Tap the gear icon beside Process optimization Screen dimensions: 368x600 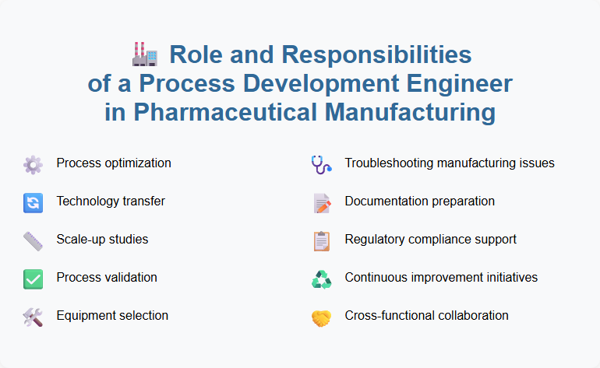pos(33,164)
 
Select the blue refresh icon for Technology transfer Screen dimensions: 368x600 pos(33,202)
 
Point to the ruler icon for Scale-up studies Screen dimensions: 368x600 pos(33,240)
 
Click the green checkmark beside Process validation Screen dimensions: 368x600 pos(33,279)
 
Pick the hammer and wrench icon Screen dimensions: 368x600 pos(33,317)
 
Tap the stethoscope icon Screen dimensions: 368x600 pos(321,164)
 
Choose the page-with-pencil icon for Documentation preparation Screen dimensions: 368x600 pos(321,202)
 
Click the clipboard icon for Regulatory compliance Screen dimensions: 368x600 pos(321,240)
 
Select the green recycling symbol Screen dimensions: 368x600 pos(321,279)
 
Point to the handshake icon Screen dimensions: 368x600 pos(321,317)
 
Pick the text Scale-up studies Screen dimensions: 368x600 pos(102,240)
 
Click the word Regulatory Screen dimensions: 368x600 pos(372,240)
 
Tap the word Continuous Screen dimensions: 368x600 pos(376,278)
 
